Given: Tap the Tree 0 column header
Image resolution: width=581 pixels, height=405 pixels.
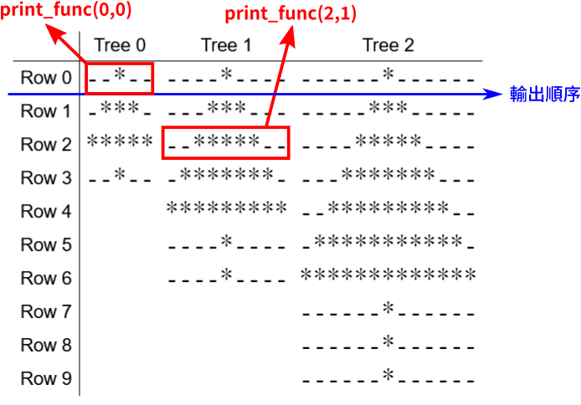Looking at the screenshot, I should coord(119,45).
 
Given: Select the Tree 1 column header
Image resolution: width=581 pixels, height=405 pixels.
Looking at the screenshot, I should coord(226,45).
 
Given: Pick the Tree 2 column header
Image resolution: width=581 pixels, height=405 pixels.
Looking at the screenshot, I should coord(388,45).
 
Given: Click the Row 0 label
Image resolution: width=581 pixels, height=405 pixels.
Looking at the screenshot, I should coord(46,78).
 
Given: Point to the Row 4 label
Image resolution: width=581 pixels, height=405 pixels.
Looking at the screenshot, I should coord(46,211).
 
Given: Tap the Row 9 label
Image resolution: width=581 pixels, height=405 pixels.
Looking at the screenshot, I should coord(46,378).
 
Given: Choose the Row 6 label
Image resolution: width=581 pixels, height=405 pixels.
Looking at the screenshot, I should coord(46,278).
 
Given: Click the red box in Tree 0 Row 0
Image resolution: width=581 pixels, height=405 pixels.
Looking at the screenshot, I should coord(119,76).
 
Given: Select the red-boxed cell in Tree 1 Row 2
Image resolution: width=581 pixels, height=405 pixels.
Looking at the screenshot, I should coord(226,142).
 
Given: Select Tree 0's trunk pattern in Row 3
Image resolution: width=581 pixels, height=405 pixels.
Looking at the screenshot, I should coord(119,177).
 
